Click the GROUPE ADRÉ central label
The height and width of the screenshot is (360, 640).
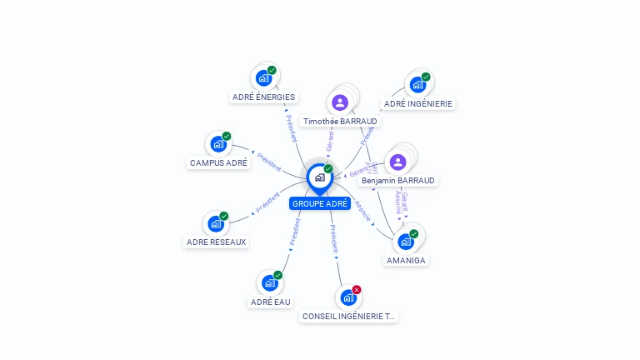point(320,203)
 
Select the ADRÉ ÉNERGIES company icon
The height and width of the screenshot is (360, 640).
point(264,78)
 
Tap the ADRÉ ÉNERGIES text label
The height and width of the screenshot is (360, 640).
point(263,97)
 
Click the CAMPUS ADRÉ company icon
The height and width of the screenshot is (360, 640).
point(218,144)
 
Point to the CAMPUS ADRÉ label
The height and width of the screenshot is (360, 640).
point(218,162)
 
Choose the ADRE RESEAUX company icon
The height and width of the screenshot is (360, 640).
point(216,223)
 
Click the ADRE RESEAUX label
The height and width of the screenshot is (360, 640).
point(217,242)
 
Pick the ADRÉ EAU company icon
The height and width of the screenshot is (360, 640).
point(269,282)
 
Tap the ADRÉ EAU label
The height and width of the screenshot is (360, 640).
point(271,302)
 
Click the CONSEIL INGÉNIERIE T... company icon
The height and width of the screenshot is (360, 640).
point(348,297)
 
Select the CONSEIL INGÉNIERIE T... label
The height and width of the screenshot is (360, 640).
point(349,317)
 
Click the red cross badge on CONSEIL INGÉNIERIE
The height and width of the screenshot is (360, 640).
point(357,289)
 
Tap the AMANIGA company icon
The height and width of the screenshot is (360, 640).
point(406,242)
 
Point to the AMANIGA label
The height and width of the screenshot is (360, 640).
point(406,260)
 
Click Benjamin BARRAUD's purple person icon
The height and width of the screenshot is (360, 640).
point(397,162)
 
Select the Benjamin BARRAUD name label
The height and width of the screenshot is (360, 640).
point(398,180)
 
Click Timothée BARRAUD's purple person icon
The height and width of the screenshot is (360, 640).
point(339,102)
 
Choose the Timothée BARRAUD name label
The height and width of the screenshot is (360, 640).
point(340,121)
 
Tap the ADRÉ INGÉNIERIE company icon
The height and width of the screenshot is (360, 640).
point(417,85)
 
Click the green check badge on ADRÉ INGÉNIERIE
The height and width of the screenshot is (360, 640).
point(426,77)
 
